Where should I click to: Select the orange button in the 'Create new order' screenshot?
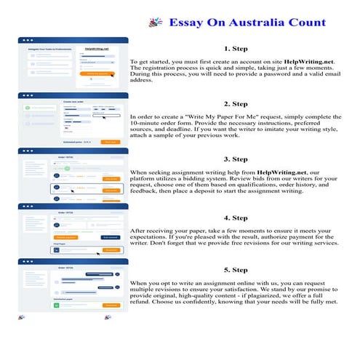111,142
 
